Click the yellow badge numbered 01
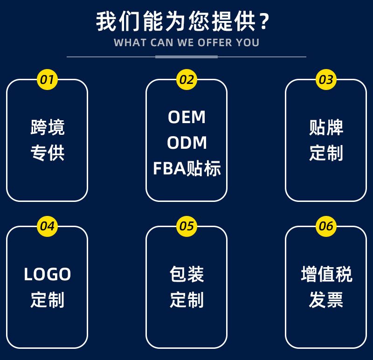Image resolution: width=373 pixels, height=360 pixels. (47, 80)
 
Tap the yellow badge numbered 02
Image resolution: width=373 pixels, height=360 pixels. (186, 80)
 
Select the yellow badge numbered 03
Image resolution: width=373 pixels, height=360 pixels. (326, 80)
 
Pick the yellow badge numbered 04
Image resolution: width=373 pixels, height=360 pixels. (47, 227)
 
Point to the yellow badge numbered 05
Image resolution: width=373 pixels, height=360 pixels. (186, 227)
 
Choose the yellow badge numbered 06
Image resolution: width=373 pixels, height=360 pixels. (326, 227)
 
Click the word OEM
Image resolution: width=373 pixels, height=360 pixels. (186, 118)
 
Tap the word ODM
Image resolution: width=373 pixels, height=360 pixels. (186, 143)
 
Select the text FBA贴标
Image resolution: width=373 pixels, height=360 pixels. (186, 169)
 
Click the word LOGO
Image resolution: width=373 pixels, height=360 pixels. (47, 275)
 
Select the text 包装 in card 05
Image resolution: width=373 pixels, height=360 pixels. (186, 275)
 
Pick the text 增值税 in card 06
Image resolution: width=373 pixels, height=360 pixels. (326, 275)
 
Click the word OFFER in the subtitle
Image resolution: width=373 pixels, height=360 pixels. (214, 43)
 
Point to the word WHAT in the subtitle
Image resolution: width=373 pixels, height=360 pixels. (130, 43)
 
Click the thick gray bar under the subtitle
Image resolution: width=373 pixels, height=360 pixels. (186, 57)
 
